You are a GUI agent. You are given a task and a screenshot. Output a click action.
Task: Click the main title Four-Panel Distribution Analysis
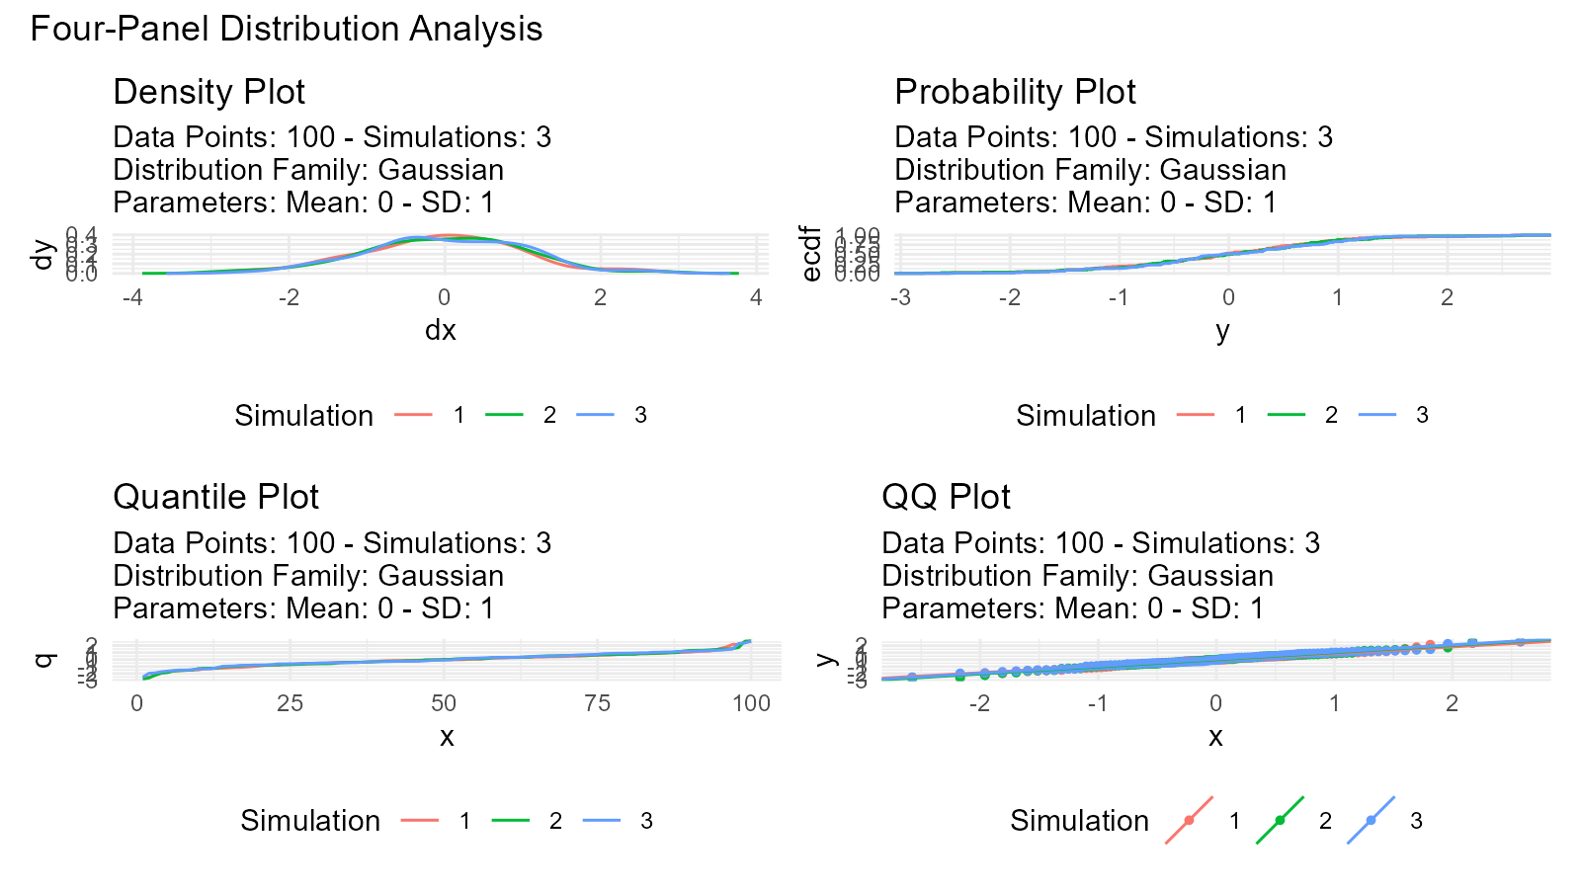coord(287,29)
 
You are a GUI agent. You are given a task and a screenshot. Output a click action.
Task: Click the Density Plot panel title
coord(208,92)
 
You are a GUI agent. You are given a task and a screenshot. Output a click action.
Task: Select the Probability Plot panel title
coord(1015,92)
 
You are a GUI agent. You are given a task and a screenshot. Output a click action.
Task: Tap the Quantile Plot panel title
coord(215,497)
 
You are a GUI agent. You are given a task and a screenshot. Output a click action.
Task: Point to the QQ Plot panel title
coord(946,497)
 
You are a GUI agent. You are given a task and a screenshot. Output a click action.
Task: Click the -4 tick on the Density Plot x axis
coord(132,297)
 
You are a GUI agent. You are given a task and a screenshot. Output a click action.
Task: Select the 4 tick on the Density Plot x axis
coord(756,297)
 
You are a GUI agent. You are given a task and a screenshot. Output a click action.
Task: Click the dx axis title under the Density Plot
coord(441,330)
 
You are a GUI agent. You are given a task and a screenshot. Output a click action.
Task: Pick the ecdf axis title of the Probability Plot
coord(811,254)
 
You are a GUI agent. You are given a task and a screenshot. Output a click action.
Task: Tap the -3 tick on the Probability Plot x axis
coord(900,297)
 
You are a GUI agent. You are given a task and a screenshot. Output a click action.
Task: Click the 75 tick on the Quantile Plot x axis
coord(597,703)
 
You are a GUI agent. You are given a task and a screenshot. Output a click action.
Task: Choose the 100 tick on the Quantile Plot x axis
coord(751,703)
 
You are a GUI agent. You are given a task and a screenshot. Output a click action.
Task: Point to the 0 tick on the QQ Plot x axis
coord(1215,703)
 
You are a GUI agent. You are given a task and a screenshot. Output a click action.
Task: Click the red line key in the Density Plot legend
coord(413,415)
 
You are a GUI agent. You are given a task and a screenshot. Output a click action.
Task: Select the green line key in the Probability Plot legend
coord(1287,415)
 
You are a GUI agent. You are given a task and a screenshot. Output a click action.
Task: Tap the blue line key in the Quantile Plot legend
coord(601,821)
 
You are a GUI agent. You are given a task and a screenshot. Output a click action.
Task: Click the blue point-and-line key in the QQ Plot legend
coord(1371,821)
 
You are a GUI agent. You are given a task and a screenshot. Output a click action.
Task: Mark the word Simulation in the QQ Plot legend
coord(1079,821)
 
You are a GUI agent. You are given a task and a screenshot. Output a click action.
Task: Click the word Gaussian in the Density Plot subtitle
coord(441,170)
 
